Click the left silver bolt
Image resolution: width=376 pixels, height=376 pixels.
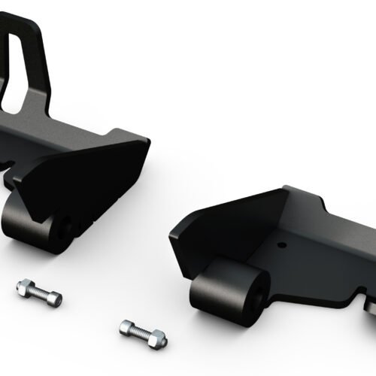[x=38, y=291]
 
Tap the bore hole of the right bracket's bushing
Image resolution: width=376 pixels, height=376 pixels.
[x=256, y=288]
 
